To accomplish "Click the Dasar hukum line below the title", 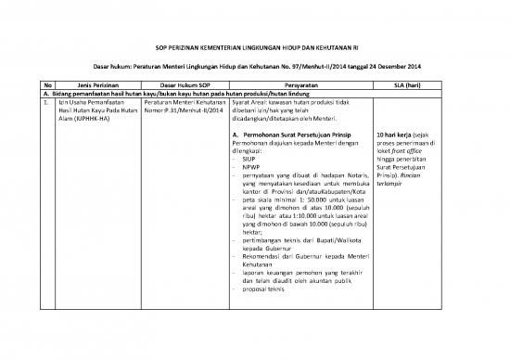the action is [x=254, y=68].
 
